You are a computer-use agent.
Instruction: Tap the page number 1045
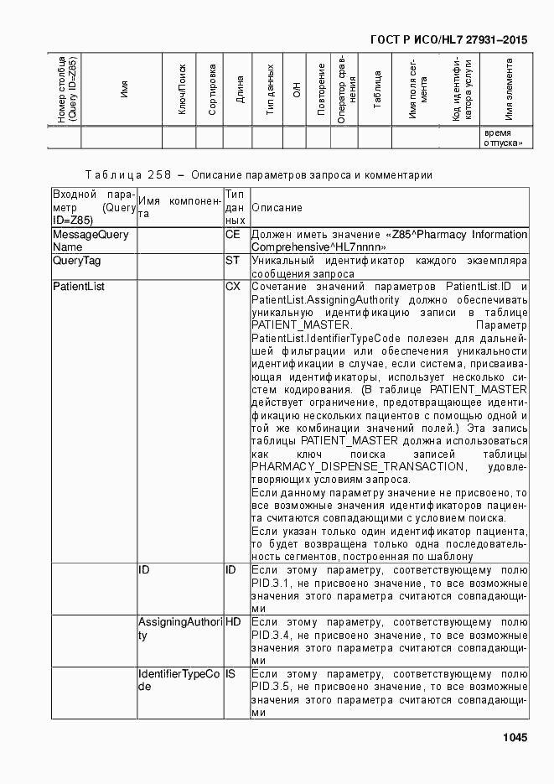515,738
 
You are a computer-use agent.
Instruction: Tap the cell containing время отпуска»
506,138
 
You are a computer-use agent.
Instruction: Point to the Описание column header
277,207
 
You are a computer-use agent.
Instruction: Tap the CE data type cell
233,235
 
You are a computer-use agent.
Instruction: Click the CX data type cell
233,287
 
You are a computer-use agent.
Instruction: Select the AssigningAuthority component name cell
179,629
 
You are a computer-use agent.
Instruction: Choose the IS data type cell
231,674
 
